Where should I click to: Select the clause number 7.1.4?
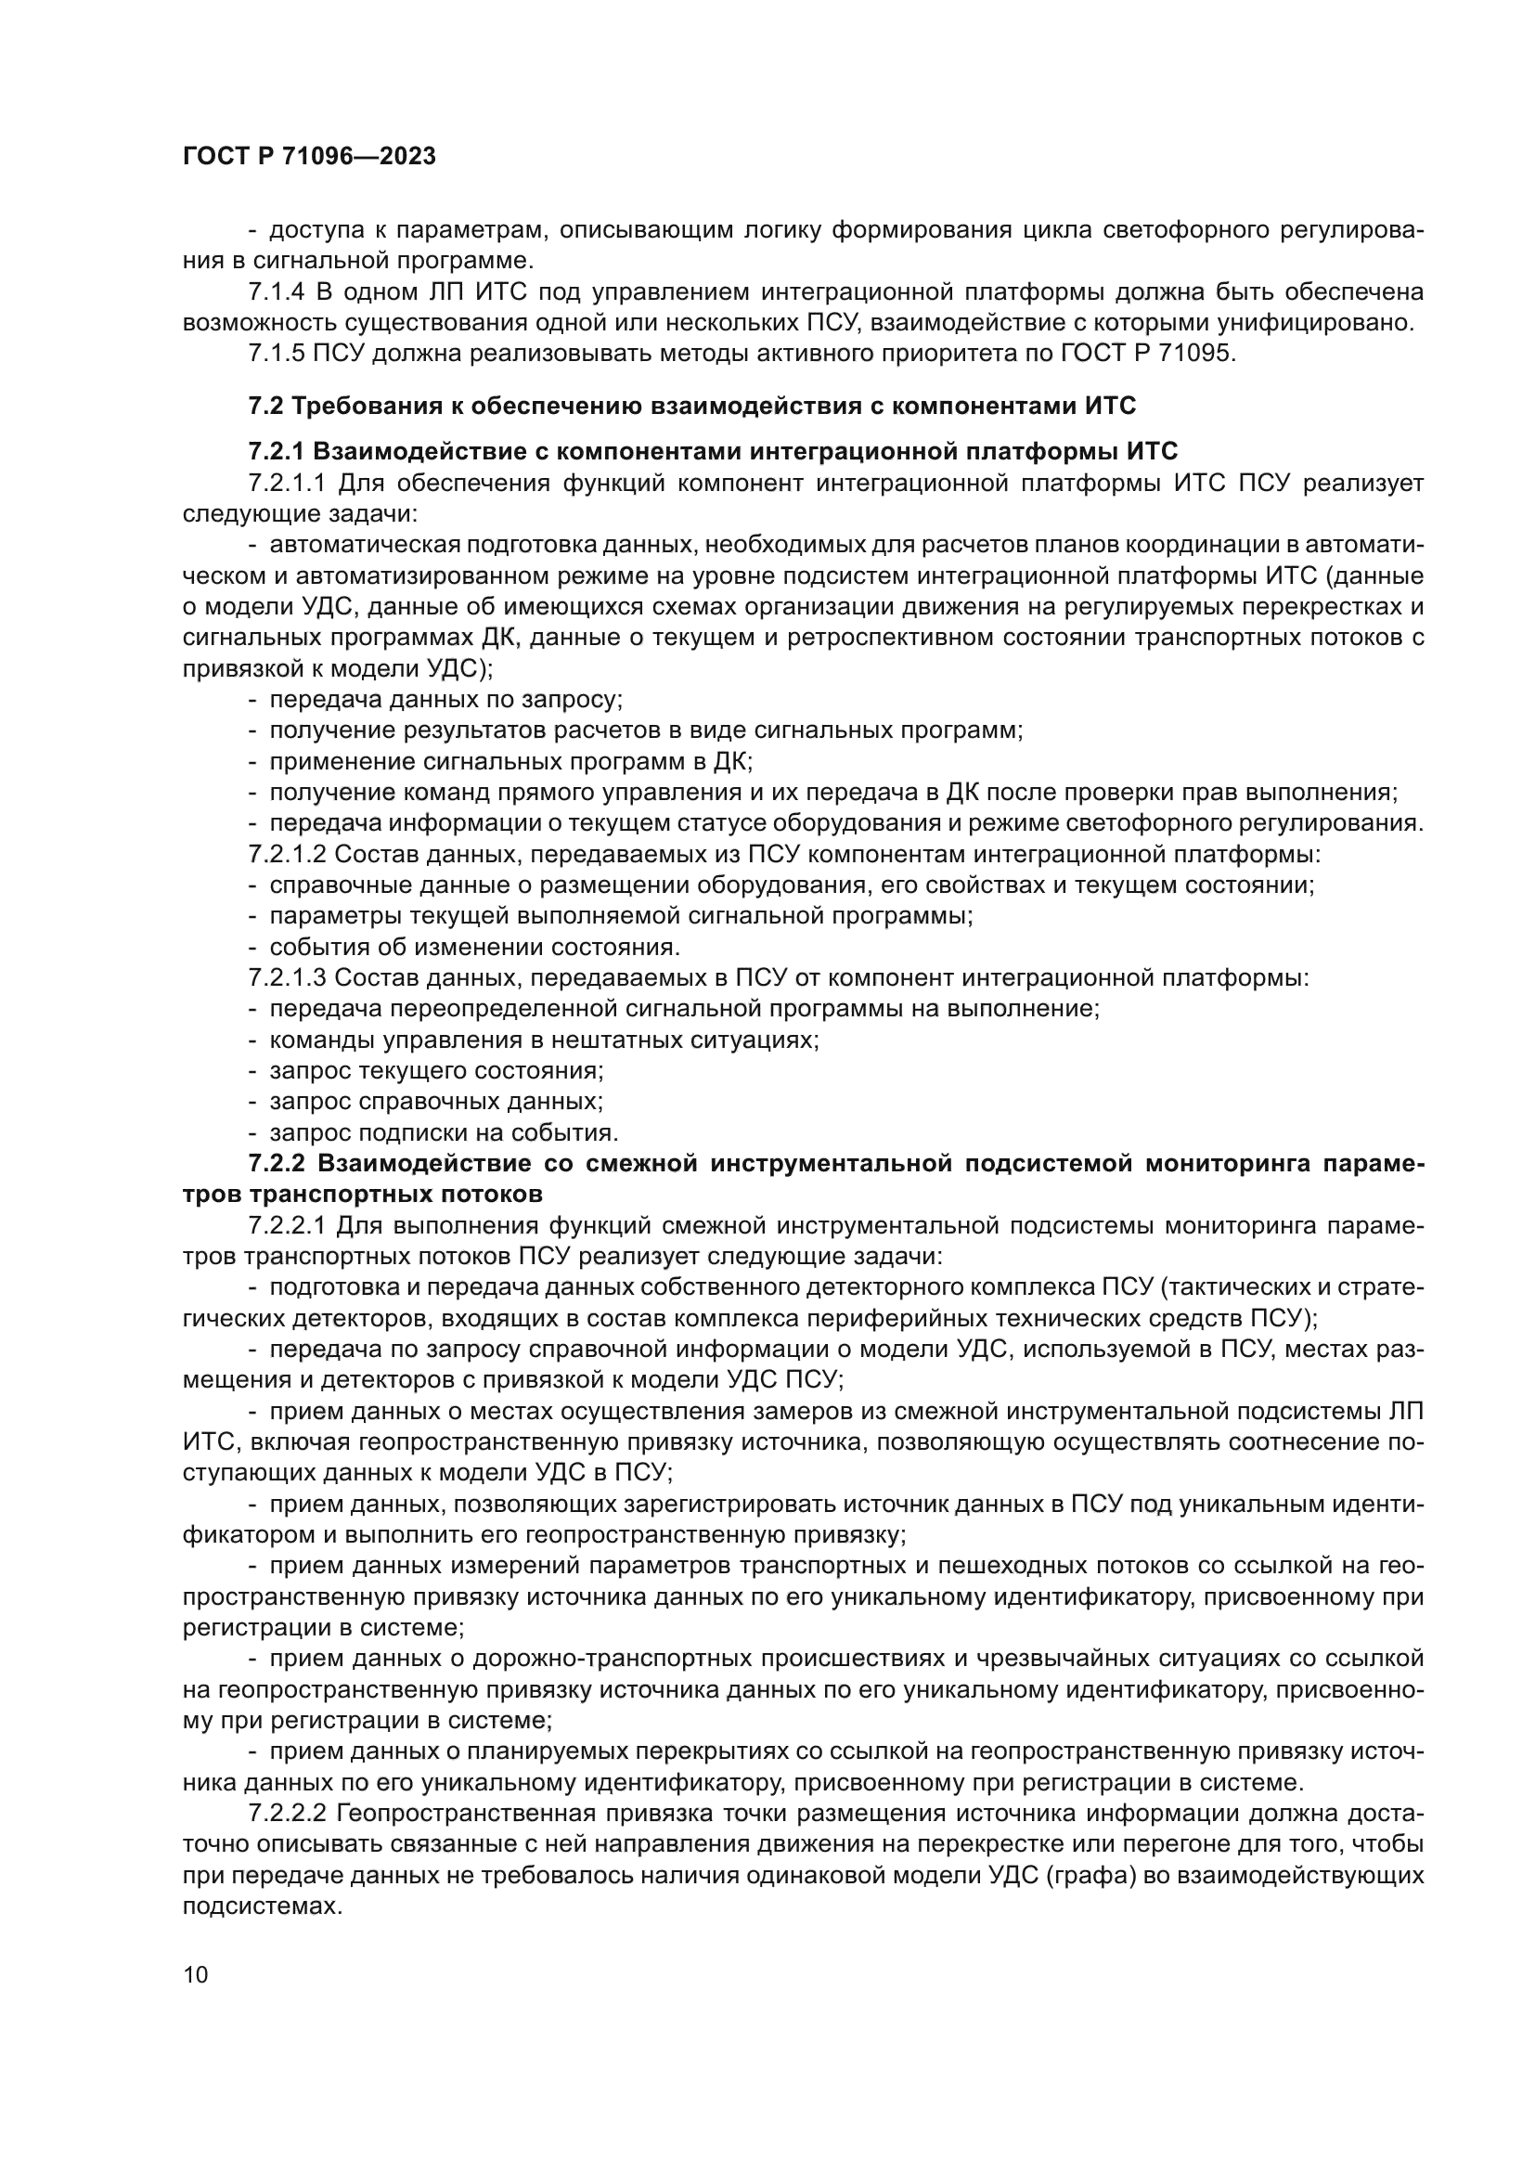(276, 292)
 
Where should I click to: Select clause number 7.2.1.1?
(287, 484)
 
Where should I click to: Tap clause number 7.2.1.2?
(287, 855)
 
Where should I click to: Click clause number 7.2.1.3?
(287, 977)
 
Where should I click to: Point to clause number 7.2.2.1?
(287, 1225)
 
